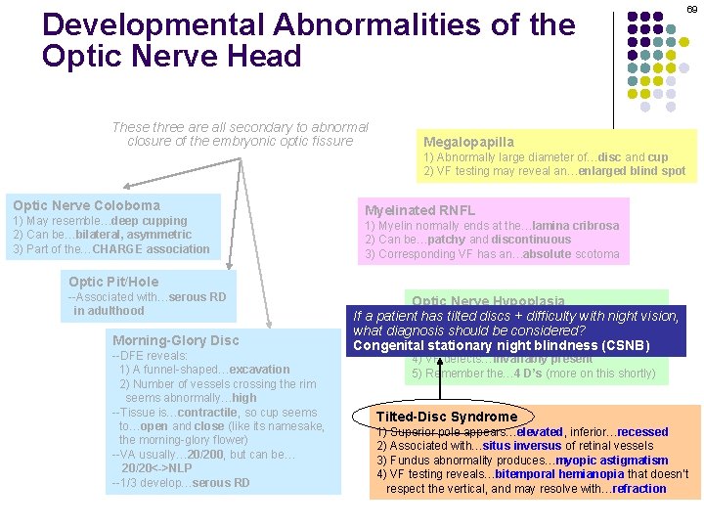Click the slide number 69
pyautogui.click(x=691, y=9)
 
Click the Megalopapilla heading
pyautogui.click(x=468, y=143)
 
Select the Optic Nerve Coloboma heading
pyautogui.click(x=86, y=205)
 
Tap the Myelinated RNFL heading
pyautogui.click(x=419, y=210)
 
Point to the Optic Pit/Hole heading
pyautogui.click(x=113, y=282)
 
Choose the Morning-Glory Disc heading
pyautogui.click(x=176, y=340)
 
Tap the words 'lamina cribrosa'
pyautogui.click(x=578, y=225)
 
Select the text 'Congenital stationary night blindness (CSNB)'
pyautogui.click(x=501, y=345)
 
